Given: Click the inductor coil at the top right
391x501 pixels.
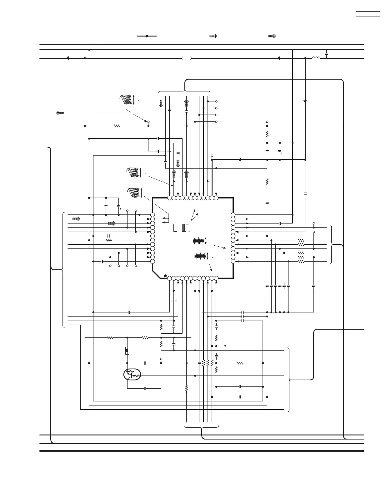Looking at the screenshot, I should click(316, 58).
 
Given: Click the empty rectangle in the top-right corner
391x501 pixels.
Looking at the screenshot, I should click(368, 14).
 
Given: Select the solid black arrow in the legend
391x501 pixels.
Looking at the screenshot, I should click(147, 36).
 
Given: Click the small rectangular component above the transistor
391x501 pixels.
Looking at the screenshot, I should click(127, 351).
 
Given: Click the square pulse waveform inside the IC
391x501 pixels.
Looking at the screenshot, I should click(179, 228).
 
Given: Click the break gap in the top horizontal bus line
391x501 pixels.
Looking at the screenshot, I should click(187, 58).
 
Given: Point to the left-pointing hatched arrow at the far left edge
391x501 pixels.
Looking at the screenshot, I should click(60, 113).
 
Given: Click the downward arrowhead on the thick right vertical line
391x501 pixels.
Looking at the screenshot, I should click(305, 101).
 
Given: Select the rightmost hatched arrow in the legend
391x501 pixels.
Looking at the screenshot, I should click(272, 36).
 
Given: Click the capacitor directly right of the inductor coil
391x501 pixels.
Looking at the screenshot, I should click(326, 54).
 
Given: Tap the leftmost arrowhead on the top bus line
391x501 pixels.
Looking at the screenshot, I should click(67, 58).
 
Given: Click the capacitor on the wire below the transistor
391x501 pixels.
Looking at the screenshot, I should click(145, 388).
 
